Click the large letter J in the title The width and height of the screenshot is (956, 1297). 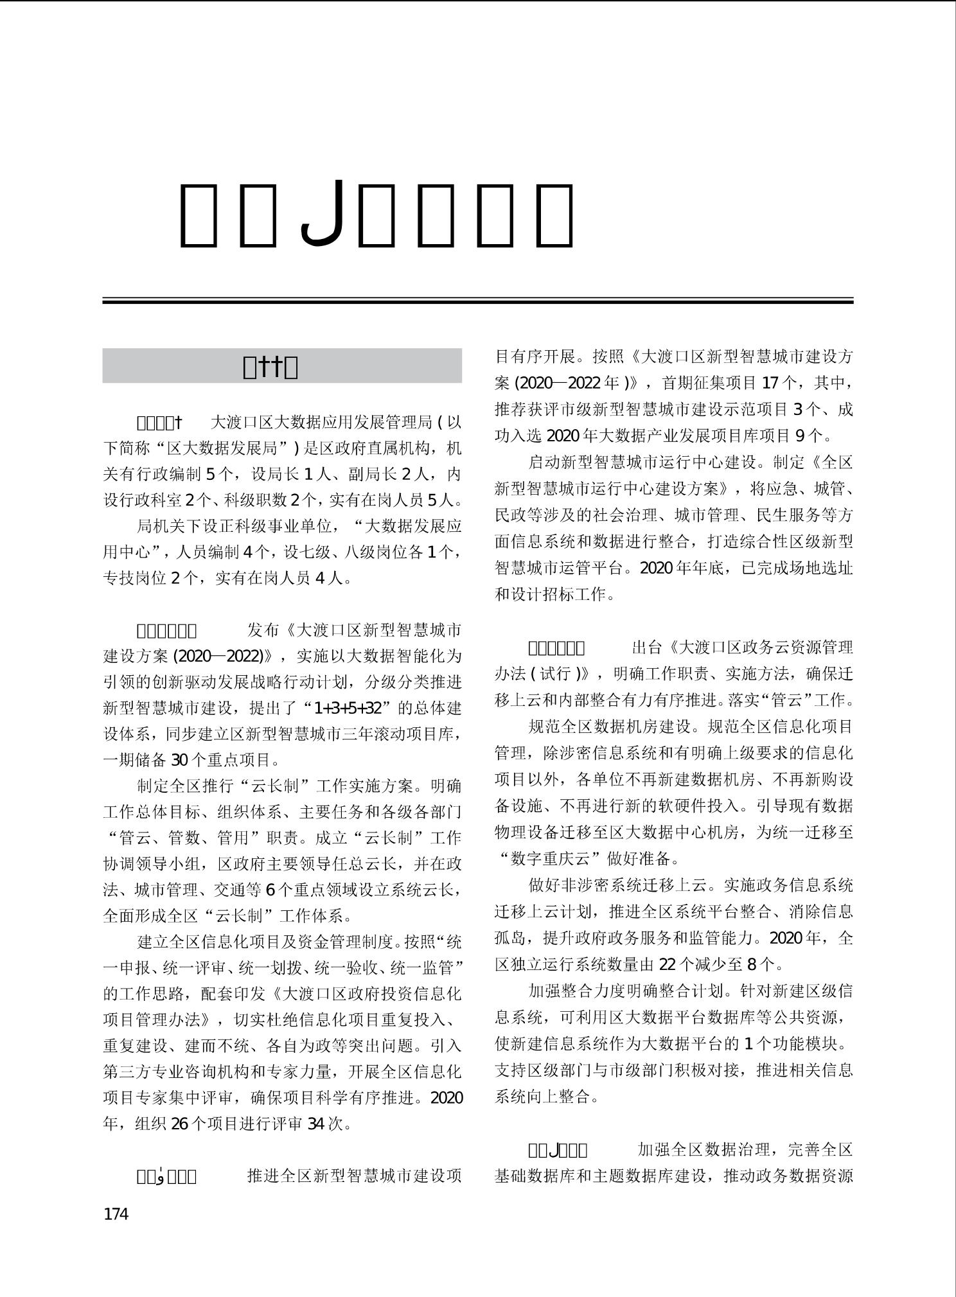pyautogui.click(x=323, y=214)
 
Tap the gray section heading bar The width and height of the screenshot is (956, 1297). pyautogui.click(x=282, y=366)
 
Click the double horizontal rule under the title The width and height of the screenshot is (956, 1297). pyautogui.click(x=477, y=300)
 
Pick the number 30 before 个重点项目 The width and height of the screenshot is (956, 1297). pyautogui.click(x=179, y=761)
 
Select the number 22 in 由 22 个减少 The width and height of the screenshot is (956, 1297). pyautogui.click(x=668, y=964)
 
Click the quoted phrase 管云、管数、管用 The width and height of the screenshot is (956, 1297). pyautogui.click(x=187, y=838)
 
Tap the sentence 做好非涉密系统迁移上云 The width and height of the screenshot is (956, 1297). pyautogui.click(x=617, y=885)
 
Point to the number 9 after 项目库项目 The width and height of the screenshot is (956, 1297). pyautogui.click(x=800, y=436)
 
